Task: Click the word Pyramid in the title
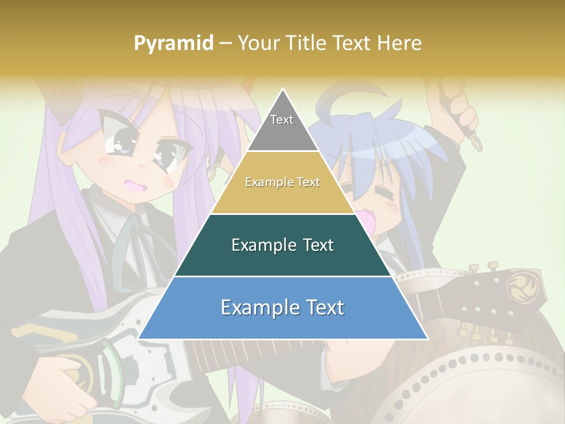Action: tap(174, 44)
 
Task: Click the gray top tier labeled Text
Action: tap(282, 124)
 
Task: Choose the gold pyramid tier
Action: tap(282, 183)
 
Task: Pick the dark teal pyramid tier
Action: tap(282, 245)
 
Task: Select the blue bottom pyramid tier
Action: tap(282, 308)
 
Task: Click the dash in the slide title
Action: tap(225, 44)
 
